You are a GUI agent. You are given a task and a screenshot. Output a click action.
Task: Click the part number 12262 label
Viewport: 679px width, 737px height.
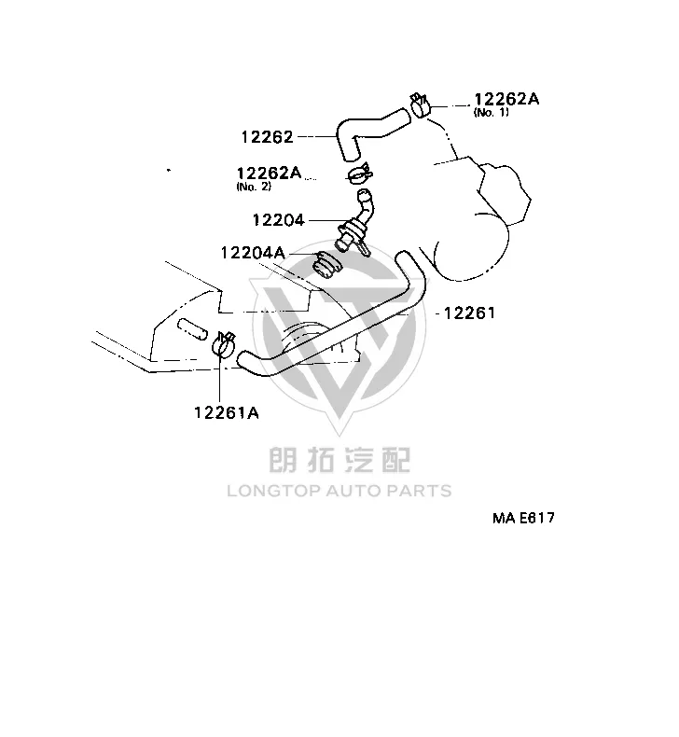[267, 137]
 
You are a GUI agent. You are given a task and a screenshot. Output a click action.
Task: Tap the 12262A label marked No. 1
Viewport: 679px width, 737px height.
[506, 99]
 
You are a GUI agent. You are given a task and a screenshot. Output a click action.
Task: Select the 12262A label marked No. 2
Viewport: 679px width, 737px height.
[269, 173]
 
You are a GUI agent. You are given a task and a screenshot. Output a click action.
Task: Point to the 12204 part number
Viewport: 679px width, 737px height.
[278, 220]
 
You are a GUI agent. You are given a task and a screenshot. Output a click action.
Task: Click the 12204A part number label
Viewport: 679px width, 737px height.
[253, 253]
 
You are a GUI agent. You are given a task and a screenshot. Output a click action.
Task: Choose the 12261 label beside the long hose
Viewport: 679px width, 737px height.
[469, 313]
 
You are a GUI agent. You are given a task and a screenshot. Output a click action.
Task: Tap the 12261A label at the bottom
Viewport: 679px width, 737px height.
[227, 412]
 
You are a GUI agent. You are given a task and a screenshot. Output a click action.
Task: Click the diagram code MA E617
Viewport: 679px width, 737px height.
[523, 518]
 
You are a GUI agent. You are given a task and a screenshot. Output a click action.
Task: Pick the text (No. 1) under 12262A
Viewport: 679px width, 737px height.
[491, 112]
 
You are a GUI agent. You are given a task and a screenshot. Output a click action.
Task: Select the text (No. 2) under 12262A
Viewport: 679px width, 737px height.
[254, 187]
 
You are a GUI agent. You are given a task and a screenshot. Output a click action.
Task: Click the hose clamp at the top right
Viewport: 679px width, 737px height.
[420, 105]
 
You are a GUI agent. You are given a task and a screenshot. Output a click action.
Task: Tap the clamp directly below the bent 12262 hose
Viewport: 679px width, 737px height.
[360, 174]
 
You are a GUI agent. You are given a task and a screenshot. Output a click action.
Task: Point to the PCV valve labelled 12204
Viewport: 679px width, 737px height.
[354, 222]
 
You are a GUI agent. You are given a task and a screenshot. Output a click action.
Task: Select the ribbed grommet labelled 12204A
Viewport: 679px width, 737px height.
[327, 266]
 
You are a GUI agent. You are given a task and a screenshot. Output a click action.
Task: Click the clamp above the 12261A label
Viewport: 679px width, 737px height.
[224, 343]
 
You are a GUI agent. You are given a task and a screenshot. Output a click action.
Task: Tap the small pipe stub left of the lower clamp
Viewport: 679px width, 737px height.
[192, 329]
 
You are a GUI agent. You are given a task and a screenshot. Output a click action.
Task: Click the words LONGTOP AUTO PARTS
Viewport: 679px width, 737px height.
[339, 491]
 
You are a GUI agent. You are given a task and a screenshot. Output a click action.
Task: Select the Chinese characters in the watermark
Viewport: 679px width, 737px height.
[339, 460]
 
